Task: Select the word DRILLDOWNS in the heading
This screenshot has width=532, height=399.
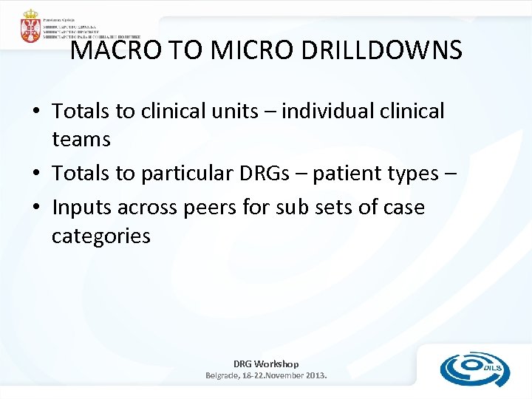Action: pyautogui.click(x=387, y=50)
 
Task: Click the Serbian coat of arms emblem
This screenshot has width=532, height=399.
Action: pyautogui.click(x=30, y=26)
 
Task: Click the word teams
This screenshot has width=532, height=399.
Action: pyautogui.click(x=81, y=138)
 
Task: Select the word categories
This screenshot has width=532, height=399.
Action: pyautogui.click(x=101, y=236)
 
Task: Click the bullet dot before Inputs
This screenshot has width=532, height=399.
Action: pyautogui.click(x=35, y=208)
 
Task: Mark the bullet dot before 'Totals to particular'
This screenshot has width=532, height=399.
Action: pyautogui.click(x=35, y=174)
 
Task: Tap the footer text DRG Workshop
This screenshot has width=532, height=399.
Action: pyautogui.click(x=266, y=364)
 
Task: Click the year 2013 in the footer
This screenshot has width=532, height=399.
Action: pyautogui.click(x=313, y=375)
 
